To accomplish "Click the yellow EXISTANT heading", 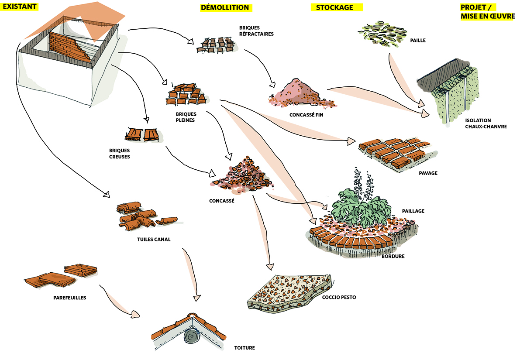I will click(20, 7).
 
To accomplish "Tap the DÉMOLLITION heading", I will click(225, 7).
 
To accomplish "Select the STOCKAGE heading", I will click(331, 7).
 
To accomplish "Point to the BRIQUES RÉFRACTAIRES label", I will click(256, 31).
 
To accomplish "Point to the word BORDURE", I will click(393, 257).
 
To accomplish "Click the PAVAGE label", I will click(428, 173).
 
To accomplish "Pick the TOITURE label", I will click(244, 348).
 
